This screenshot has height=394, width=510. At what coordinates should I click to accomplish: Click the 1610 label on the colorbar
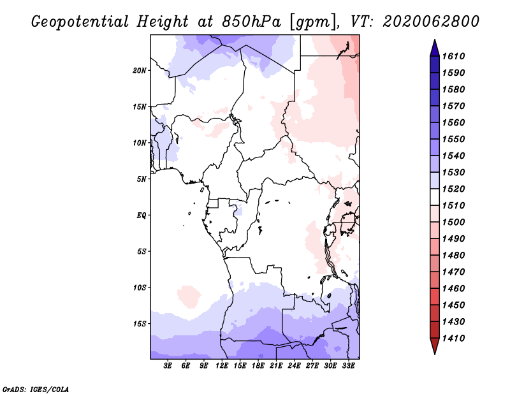(x=453, y=56)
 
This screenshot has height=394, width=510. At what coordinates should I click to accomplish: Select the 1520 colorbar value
(x=453, y=189)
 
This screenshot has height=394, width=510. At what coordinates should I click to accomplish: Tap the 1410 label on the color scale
(x=453, y=339)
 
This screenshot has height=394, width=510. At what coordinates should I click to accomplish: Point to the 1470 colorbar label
(x=453, y=272)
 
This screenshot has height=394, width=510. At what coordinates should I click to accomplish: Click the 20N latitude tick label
(x=140, y=71)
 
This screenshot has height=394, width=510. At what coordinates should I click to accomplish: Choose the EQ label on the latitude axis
(x=142, y=215)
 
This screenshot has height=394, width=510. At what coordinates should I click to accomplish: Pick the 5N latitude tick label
(x=142, y=179)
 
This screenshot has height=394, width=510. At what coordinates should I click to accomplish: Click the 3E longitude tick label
(x=168, y=366)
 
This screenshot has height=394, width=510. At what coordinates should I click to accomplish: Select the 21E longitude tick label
(x=276, y=366)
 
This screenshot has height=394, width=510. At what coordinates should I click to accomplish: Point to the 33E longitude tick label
(x=348, y=366)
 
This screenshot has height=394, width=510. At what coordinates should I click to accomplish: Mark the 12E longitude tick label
(x=221, y=366)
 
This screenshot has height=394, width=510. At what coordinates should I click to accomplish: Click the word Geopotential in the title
(x=80, y=22)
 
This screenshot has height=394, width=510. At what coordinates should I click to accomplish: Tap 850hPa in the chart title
(x=251, y=22)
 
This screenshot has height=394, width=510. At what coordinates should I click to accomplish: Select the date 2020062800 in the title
(x=431, y=22)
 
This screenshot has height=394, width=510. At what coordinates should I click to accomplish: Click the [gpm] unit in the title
(x=312, y=22)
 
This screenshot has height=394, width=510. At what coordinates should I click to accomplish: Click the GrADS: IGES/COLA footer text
(x=36, y=390)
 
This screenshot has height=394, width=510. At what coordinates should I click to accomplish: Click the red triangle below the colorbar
(x=435, y=345)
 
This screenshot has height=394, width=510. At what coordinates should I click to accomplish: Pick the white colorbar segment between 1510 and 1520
(x=435, y=197)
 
